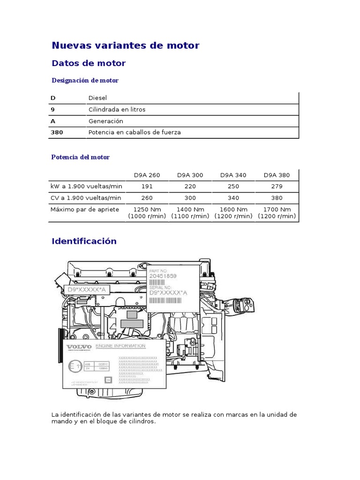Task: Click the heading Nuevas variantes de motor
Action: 125,45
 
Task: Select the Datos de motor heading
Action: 88,63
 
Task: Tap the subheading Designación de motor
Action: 84,80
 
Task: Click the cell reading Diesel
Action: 97,98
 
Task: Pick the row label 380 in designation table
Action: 57,132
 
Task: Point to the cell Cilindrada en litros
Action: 117,109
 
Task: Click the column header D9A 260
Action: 147,175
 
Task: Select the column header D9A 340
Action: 233,175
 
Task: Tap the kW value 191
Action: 147,186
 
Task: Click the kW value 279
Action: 277,186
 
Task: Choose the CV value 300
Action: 190,197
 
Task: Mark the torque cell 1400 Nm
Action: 190,209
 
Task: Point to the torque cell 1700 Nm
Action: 277,209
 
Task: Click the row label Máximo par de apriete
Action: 84,209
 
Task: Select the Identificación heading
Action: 83,241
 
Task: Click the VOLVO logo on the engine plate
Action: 78,347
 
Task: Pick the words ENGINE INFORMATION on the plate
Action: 120,346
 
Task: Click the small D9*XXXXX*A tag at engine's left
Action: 87,290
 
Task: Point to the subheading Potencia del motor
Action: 80,157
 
